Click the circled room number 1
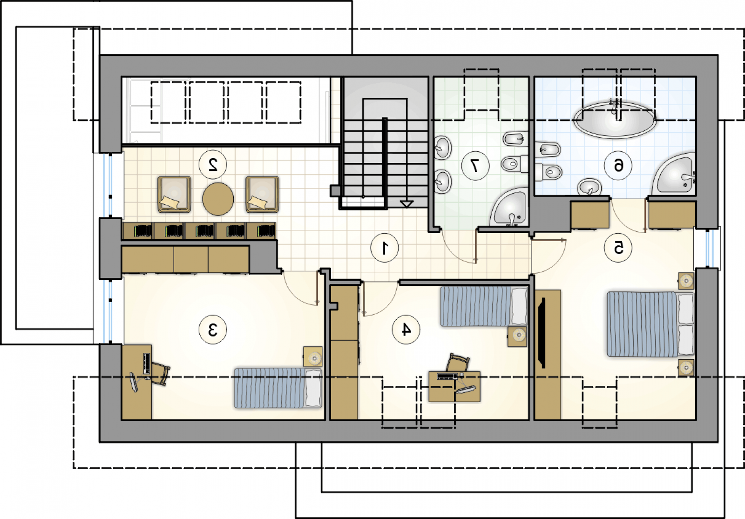385,248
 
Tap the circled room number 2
212,165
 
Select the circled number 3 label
212,330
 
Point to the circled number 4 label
406,330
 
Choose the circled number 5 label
618,248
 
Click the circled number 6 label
618,165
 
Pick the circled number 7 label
475,166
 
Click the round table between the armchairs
218,199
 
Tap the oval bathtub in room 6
615,120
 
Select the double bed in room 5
650,324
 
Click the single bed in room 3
278,388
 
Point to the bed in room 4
484,306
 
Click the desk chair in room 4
458,363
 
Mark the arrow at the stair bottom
406,204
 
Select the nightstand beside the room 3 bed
312,357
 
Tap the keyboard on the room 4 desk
447,377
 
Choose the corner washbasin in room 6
675,175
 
